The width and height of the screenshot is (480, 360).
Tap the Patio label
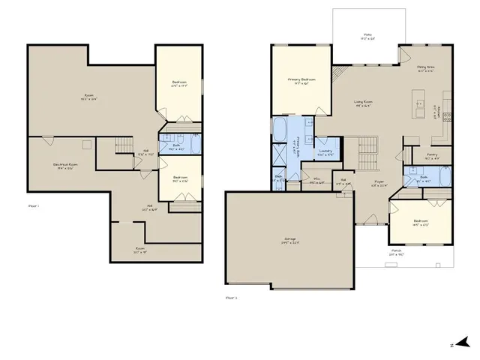[x=367, y=35]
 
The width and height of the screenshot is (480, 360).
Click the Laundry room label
[x=325, y=151]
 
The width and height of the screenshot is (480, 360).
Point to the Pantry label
[x=432, y=156]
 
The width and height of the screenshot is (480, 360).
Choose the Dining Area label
[x=426, y=70]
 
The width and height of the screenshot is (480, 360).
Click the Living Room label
[x=364, y=104]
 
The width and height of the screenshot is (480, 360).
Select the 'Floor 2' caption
[x=231, y=298]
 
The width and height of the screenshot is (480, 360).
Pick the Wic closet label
[x=316, y=179]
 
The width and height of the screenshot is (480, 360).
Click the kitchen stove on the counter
[x=448, y=116]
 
